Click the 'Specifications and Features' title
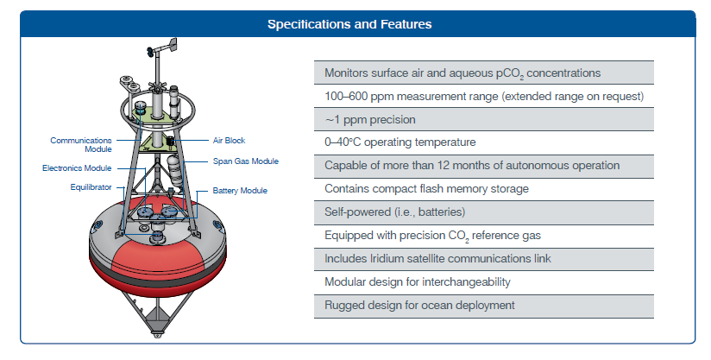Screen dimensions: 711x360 tap(349, 24)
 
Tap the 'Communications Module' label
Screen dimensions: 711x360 tap(81, 145)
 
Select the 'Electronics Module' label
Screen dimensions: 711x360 tap(77, 168)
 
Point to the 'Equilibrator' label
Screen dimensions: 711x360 tap(91, 187)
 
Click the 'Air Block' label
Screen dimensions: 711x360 tap(229, 141)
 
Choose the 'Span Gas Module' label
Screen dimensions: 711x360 tap(246, 161)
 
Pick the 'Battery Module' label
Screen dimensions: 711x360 tap(240, 191)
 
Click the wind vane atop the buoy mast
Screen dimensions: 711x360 tap(161, 48)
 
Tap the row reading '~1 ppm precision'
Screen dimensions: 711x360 tap(484, 119)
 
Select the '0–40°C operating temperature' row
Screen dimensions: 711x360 tap(484, 142)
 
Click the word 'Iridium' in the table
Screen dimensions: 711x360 tap(367, 258)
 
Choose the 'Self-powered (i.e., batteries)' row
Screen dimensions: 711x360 tap(484, 212)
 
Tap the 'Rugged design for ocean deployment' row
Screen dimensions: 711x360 tap(484, 306)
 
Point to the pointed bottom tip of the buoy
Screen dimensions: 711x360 tap(157, 336)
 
